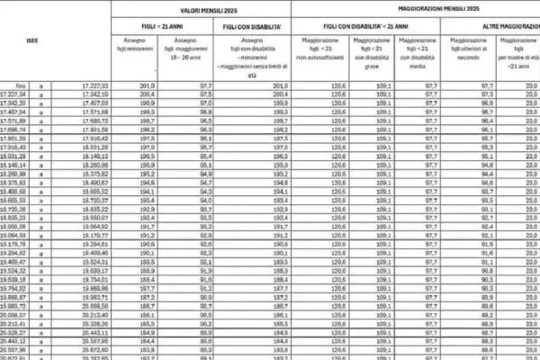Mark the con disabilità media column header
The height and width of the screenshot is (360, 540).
[418, 52]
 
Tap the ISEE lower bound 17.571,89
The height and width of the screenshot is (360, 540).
[16, 119]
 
